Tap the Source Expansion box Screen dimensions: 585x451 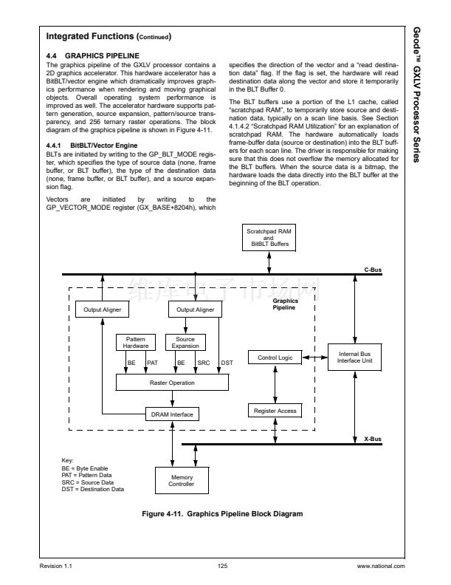click(x=185, y=342)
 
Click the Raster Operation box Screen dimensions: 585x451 click(x=172, y=383)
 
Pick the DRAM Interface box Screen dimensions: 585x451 click(x=172, y=414)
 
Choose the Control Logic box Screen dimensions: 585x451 click(x=275, y=357)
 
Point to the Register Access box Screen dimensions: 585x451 click(x=275, y=410)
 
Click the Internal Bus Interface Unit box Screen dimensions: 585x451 click(x=355, y=357)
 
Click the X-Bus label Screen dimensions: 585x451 click(x=373, y=439)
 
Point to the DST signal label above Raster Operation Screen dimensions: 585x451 click(x=227, y=363)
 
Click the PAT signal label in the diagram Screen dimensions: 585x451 click(x=153, y=363)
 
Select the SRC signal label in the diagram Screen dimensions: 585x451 click(x=204, y=363)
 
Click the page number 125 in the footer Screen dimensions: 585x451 click(x=222, y=567)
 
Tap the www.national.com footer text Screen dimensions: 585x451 click(x=380, y=567)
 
